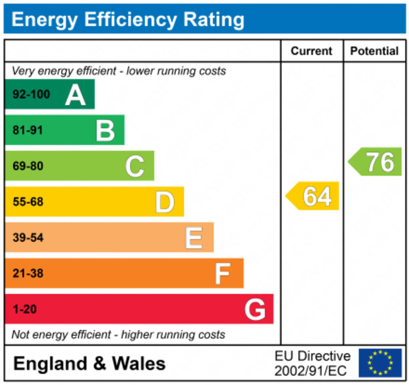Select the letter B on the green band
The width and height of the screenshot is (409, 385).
(105, 131)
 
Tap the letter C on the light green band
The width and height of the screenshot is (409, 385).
(135, 166)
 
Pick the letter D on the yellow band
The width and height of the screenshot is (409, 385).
(165, 202)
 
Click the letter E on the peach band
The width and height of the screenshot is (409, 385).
(194, 238)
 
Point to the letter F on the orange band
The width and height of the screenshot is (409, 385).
(222, 273)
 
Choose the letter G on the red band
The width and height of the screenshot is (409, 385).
(255, 309)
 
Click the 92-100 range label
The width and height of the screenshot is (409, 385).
(32, 95)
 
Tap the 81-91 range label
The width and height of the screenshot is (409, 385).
(28, 130)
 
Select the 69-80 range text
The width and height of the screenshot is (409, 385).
(28, 166)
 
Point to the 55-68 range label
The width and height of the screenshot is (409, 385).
(28, 202)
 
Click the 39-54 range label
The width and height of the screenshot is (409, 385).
(28, 238)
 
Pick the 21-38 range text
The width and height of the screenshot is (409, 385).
(28, 273)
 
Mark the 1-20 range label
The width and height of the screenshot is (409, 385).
(25, 309)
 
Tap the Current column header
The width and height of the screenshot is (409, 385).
(312, 51)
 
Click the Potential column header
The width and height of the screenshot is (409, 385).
(374, 51)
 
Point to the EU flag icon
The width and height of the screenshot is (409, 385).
(380, 363)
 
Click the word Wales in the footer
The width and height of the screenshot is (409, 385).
(139, 363)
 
